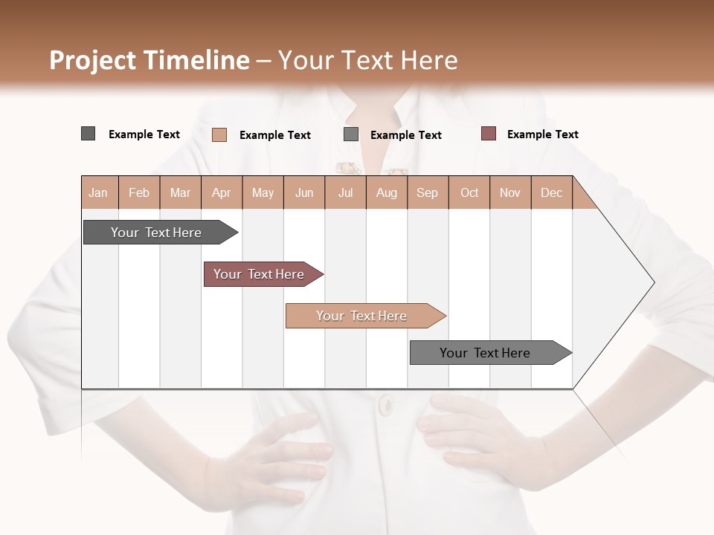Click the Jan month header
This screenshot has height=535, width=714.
(99, 192)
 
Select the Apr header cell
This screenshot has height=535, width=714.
(222, 192)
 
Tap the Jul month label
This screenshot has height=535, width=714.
(345, 192)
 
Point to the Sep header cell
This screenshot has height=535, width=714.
(427, 192)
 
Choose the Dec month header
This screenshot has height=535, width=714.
(551, 192)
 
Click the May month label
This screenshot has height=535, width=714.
(263, 192)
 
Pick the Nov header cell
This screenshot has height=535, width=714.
(510, 192)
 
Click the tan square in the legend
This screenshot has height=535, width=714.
(219, 134)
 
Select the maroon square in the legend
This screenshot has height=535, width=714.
(489, 134)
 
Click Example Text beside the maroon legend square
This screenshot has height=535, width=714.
(542, 134)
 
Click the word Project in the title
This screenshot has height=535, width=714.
(92, 60)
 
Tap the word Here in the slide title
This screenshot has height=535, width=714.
(428, 60)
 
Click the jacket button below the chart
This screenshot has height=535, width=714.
(385, 405)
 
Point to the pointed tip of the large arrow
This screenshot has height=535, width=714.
(652, 282)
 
